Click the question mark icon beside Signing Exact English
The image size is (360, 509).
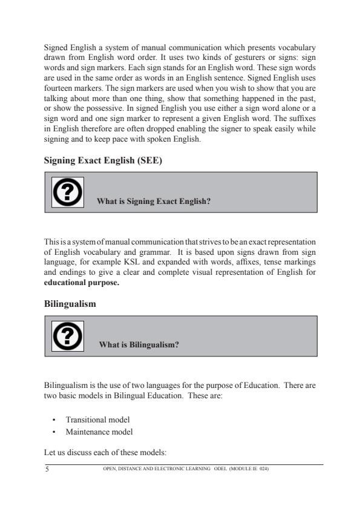tap(68, 192)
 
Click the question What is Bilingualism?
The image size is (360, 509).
tap(140, 345)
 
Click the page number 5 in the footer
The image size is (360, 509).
tap(47, 468)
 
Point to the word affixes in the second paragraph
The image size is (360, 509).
tap(249, 264)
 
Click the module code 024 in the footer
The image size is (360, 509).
tap(263, 468)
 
